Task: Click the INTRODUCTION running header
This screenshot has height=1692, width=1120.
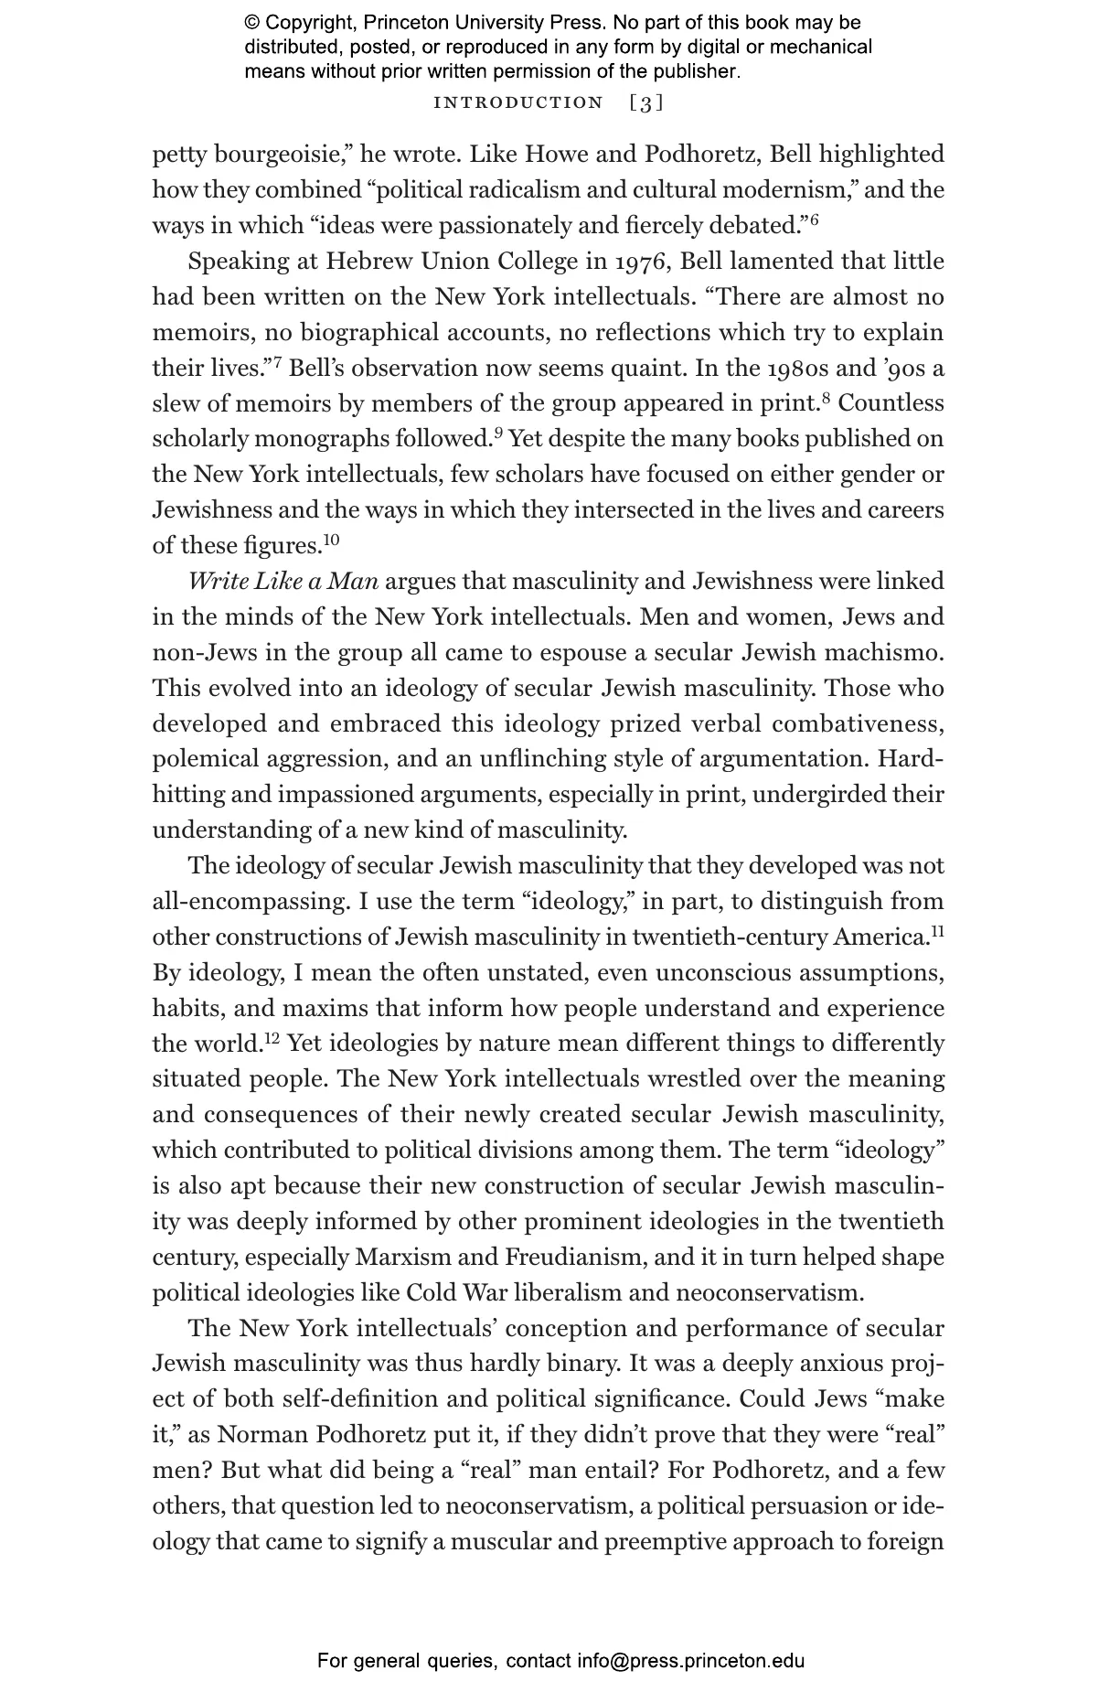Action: [x=518, y=102]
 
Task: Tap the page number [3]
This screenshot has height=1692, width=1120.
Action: [x=646, y=102]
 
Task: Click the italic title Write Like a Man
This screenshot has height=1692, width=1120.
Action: [x=283, y=582]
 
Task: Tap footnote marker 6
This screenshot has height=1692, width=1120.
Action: [x=814, y=220]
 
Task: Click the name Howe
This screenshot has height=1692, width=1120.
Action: [x=558, y=155]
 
